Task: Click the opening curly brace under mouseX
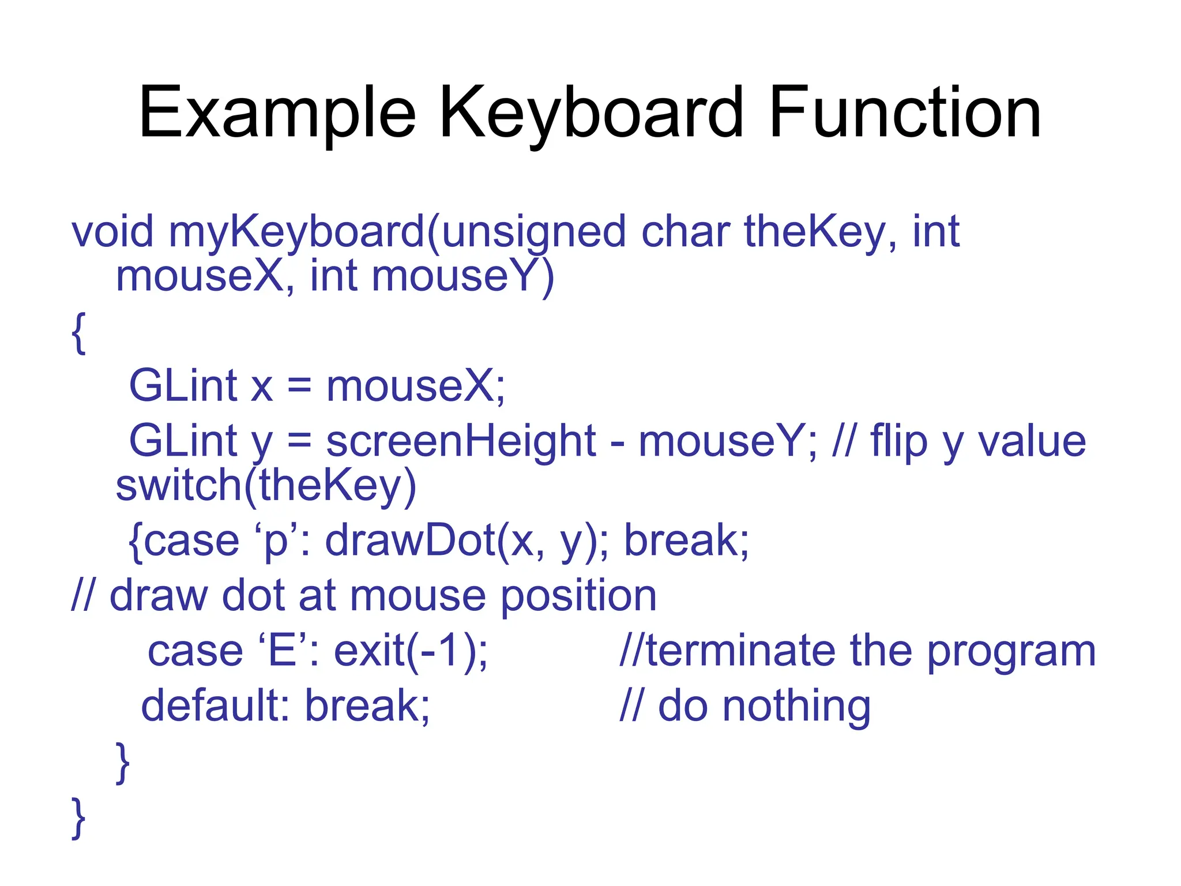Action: point(79,333)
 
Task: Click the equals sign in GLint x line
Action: point(299,386)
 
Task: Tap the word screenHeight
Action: point(460,441)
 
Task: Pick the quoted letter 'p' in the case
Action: point(275,540)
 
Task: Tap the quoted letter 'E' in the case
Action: point(282,651)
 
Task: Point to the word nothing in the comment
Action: point(796,706)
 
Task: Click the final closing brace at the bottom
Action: point(78,818)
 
